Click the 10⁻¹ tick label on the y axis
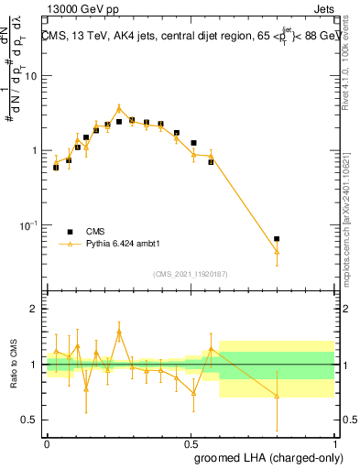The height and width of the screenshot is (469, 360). pyautogui.click(x=30, y=225)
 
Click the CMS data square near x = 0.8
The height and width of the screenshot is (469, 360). pyautogui.click(x=277, y=238)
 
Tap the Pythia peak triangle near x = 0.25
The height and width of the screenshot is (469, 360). pyautogui.click(x=119, y=108)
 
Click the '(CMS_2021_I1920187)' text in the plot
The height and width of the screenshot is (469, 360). pyautogui.click(x=190, y=274)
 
